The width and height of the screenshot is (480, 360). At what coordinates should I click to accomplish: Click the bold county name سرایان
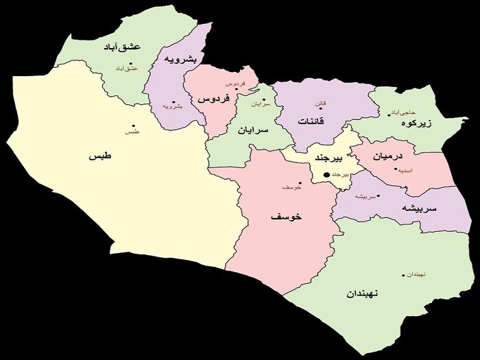254,130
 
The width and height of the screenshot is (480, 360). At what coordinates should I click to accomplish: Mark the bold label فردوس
213,99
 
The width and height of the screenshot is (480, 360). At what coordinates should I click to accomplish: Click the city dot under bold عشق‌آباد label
130,63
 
